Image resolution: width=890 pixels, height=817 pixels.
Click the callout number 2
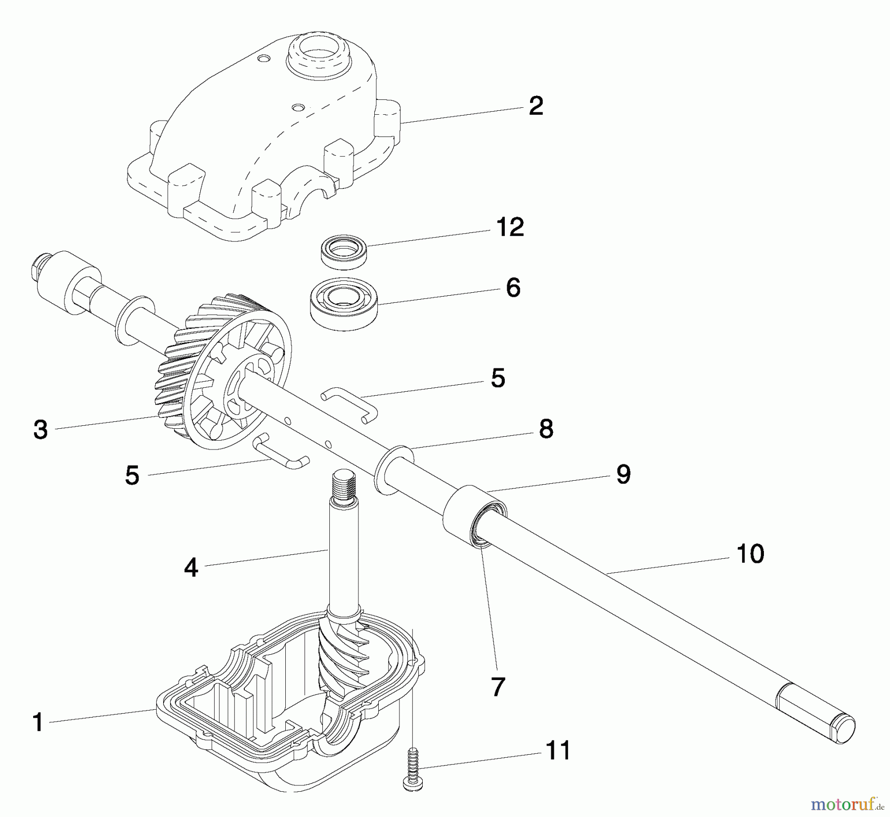[x=536, y=106]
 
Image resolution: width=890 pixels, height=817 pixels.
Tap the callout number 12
[x=510, y=227]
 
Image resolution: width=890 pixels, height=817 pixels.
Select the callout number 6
[x=513, y=288]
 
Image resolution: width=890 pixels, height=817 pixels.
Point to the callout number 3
[x=41, y=430]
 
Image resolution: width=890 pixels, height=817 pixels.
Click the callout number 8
[x=546, y=429]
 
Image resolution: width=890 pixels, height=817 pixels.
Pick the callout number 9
[x=623, y=475]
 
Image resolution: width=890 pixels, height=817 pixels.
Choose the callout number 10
[x=750, y=554]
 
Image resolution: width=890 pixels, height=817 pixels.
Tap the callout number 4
[x=191, y=567]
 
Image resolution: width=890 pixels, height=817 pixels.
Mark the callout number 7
[x=497, y=687]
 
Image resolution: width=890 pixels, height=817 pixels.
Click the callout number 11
[x=558, y=750]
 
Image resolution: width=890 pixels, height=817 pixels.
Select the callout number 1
[x=38, y=723]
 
